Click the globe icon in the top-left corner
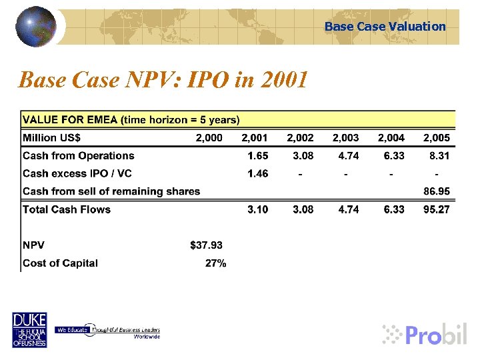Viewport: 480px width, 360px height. tap(35, 26)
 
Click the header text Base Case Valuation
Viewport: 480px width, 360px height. tap(385, 27)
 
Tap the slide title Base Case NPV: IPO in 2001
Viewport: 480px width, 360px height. tap(163, 80)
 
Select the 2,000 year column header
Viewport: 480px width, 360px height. tap(209, 138)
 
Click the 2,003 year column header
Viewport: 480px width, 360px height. tap(345, 138)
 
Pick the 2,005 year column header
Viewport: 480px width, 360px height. tap(437, 138)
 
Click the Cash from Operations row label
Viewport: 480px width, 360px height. tap(79, 156)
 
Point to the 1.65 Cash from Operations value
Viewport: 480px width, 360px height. tap(257, 156)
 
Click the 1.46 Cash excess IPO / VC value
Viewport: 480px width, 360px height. tap(257, 174)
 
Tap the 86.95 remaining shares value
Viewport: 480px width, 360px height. tap(437, 191)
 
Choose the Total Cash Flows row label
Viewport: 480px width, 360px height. tap(67, 209)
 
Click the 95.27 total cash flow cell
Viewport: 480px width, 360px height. tap(437, 209)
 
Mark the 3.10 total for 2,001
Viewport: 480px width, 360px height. tap(257, 209)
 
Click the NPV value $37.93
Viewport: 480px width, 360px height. tap(207, 245)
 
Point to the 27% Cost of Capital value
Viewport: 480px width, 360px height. tap(215, 263)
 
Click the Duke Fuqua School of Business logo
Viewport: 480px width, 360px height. tap(29, 330)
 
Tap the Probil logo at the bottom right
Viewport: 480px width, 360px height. tap(425, 333)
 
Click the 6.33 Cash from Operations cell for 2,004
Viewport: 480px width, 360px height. tap(393, 156)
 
